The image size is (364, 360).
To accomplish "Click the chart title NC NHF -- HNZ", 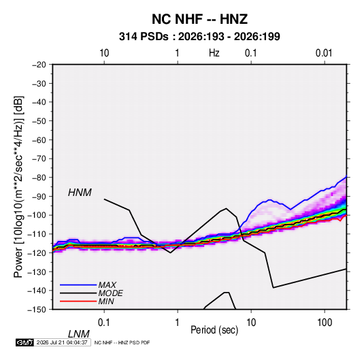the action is [x=199, y=19].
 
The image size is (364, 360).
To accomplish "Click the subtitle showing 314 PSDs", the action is [x=199, y=37].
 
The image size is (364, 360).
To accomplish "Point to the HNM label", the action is [x=80, y=193].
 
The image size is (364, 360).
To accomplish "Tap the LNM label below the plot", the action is [x=79, y=334].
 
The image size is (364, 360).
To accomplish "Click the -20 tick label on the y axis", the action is [x=39, y=65].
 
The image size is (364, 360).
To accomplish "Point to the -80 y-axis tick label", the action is [x=39, y=178].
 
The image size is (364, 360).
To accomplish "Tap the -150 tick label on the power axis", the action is [x=37, y=310].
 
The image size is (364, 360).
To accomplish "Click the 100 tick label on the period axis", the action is [x=325, y=323].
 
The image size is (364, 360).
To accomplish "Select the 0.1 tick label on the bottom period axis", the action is [x=103, y=323].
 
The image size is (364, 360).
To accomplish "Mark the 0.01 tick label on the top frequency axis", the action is [x=324, y=53].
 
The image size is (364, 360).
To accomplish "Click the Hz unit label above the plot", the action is [x=214, y=53].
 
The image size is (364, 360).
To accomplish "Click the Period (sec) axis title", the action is [x=214, y=330].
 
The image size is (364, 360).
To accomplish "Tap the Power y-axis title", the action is [x=18, y=187].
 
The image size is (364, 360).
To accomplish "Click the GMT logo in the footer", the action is [x=25, y=342].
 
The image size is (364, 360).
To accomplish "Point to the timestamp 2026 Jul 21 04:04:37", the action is [x=62, y=342].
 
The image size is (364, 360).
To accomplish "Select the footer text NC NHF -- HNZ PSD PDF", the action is [x=122, y=342].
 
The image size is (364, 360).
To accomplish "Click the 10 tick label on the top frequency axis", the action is [x=104, y=53].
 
